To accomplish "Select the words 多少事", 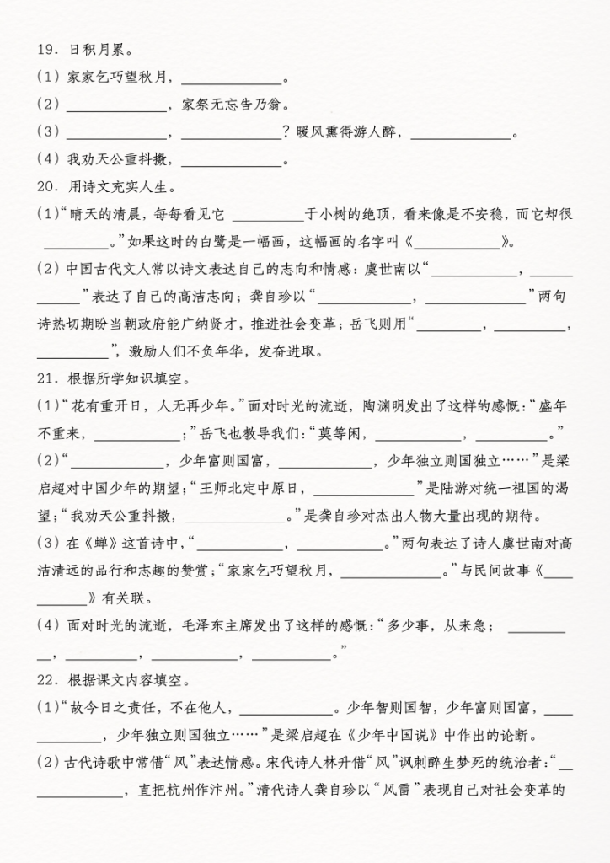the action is [x=407, y=624].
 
